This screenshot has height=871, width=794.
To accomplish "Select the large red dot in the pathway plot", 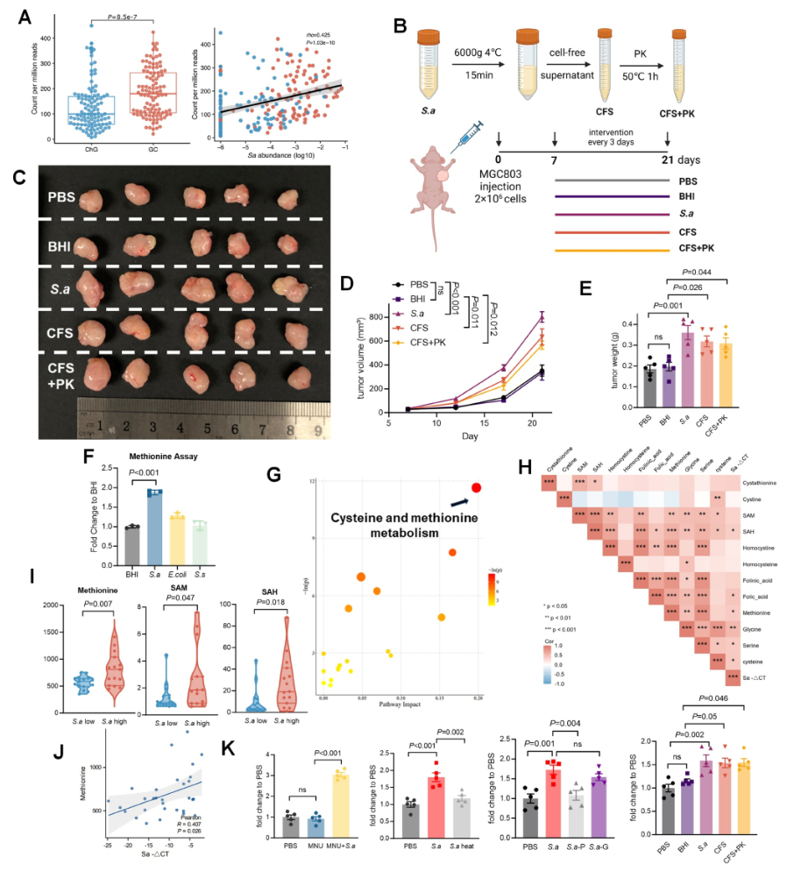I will point(476,488).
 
